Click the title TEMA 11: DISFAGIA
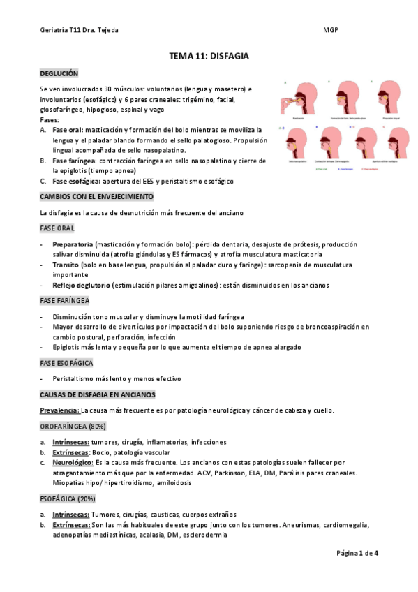tap(209, 55)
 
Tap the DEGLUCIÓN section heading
tap(59, 73)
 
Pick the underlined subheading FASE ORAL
tap(57, 228)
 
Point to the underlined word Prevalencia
tap(59, 410)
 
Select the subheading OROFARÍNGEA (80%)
tap(73, 426)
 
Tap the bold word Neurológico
tap(73, 462)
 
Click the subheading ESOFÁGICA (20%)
tap(68, 498)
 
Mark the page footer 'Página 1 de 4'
tap(357, 553)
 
